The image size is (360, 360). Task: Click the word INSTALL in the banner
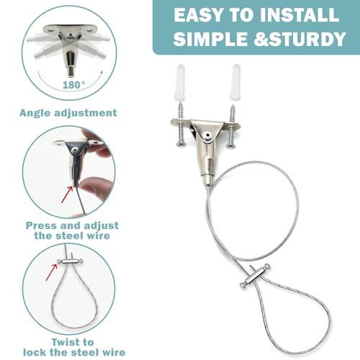300,15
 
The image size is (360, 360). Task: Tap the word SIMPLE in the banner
210,39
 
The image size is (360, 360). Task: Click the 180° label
73,85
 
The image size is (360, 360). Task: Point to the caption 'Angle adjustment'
68,113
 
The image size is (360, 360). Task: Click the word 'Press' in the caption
42,225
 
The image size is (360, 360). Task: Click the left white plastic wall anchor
179,81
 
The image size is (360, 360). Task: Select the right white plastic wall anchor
235,81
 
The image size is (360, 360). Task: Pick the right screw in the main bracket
231,126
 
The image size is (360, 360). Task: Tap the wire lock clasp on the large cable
255,276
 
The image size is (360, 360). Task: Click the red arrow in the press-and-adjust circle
68,194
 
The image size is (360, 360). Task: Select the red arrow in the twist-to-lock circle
52,272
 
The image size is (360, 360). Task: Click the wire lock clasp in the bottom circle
70,261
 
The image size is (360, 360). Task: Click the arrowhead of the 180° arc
102,73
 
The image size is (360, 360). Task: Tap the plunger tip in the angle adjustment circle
71,73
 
